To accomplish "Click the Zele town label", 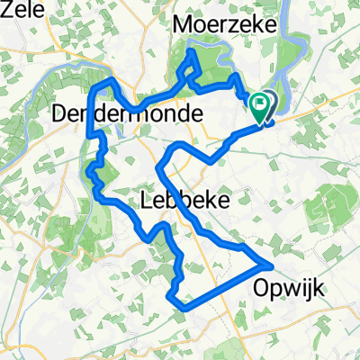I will point(19,10).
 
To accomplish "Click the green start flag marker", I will point(260,108).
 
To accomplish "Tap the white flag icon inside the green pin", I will point(260,104).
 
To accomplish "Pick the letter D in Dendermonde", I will point(61,114).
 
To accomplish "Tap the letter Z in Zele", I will point(6,10).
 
